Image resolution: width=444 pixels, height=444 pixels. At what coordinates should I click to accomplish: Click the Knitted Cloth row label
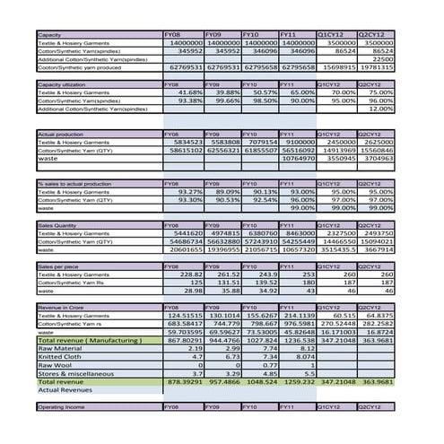click(x=58, y=357)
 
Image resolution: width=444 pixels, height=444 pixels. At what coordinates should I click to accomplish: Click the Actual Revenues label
click(x=66, y=390)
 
